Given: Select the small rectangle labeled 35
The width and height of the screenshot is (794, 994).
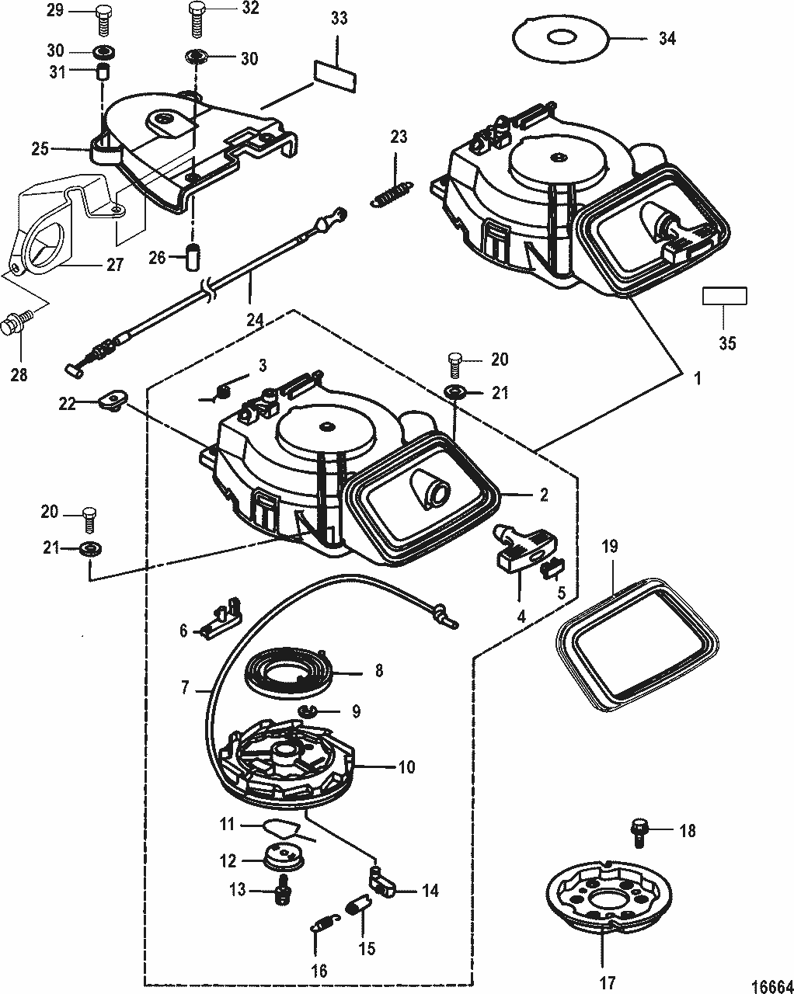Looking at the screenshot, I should (x=724, y=296).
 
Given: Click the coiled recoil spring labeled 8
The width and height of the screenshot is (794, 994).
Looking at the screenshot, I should (x=293, y=669).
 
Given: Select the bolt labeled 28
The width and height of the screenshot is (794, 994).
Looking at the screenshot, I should (x=17, y=324).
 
